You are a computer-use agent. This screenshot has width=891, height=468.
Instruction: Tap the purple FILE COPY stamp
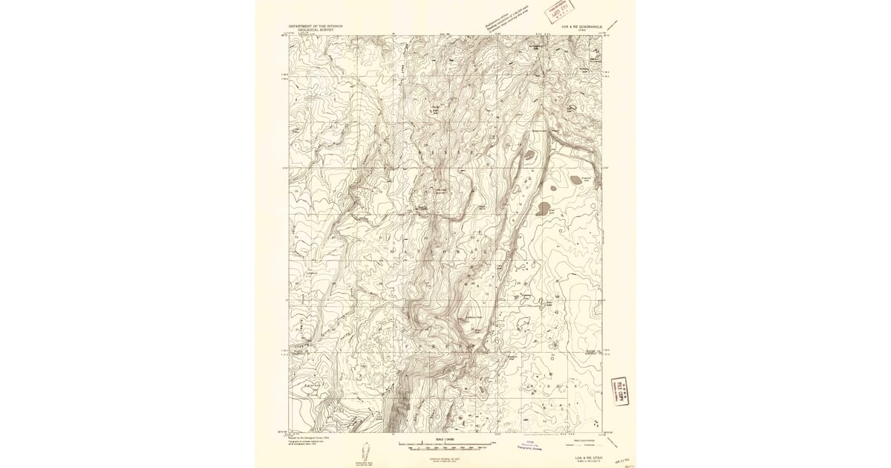(x=619, y=390)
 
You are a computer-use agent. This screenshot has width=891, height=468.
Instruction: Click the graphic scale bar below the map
(x=446, y=444)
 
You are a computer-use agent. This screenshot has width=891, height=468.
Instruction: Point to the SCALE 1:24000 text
(x=446, y=439)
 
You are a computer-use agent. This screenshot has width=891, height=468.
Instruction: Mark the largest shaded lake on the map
(x=544, y=208)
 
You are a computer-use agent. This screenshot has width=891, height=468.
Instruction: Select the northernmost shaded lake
(x=530, y=156)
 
